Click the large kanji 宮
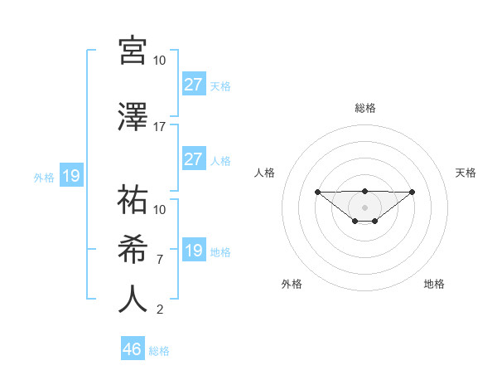(x=133, y=51)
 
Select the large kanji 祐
(x=133, y=200)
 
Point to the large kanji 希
(x=133, y=250)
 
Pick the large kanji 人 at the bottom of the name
(x=133, y=300)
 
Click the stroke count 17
(x=160, y=127)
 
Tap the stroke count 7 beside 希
(x=160, y=260)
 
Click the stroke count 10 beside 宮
(x=160, y=61)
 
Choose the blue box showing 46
(x=133, y=349)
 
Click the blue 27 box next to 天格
(x=194, y=84)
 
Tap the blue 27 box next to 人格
(x=194, y=158)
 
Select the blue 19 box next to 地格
(x=194, y=250)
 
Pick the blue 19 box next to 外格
(x=71, y=176)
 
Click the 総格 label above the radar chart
(x=365, y=108)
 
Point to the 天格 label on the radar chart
(x=466, y=173)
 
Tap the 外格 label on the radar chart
(x=292, y=284)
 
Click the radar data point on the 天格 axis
(x=413, y=192)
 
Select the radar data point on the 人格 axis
(x=317, y=192)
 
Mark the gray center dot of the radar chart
(x=365, y=207)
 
